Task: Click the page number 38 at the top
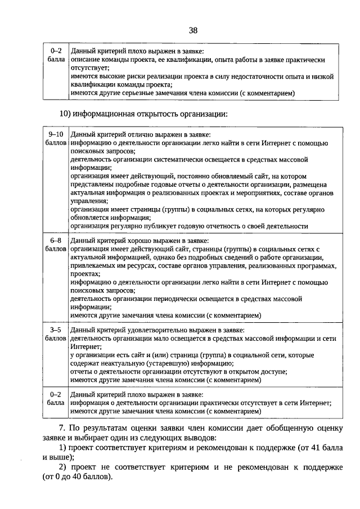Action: click(193, 30)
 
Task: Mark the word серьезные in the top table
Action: click(143, 93)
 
